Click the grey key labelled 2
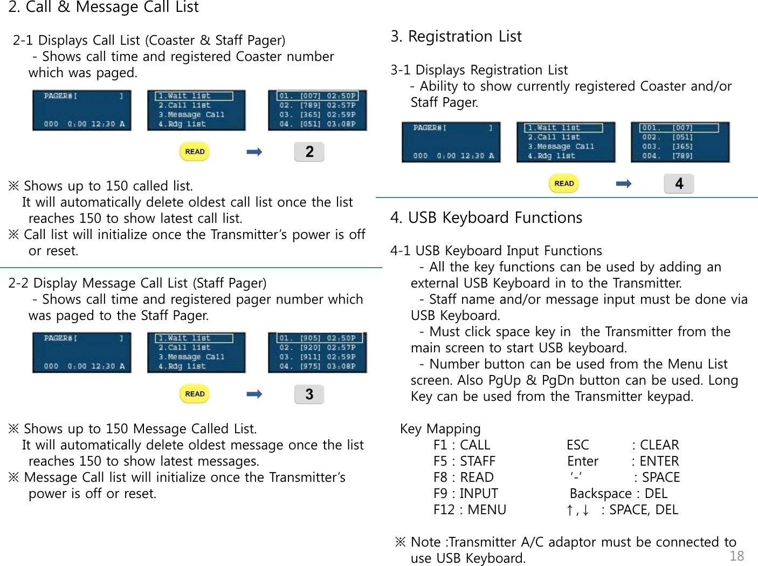(x=309, y=152)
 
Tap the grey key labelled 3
(x=309, y=394)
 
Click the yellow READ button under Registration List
(x=564, y=183)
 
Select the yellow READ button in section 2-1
(x=195, y=152)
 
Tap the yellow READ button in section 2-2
(x=195, y=394)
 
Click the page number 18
(x=736, y=556)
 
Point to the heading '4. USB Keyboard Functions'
(x=486, y=217)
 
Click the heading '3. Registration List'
(x=456, y=36)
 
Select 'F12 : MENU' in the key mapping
(x=470, y=510)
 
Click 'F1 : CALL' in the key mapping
(x=461, y=445)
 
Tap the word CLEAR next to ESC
(x=659, y=445)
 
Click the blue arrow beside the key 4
(x=623, y=184)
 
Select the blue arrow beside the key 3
(x=254, y=394)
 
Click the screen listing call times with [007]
(x=317, y=110)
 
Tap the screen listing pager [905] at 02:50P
(x=317, y=352)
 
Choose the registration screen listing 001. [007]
(x=680, y=142)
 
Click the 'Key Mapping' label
(x=440, y=429)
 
